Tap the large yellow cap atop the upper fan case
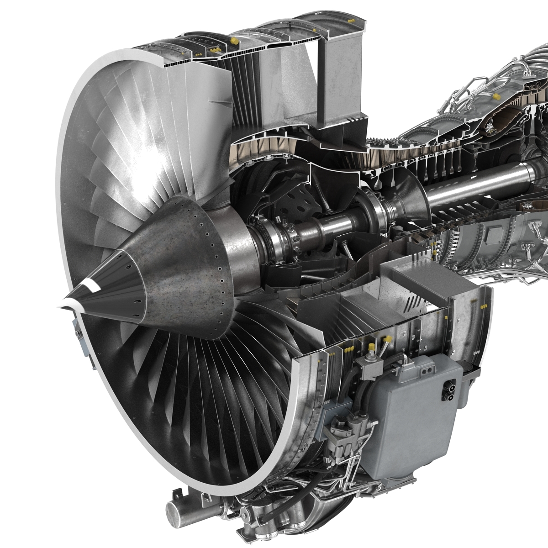(x=234, y=42)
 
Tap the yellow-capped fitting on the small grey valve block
(x=386, y=340)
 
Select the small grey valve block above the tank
(x=372, y=363)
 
